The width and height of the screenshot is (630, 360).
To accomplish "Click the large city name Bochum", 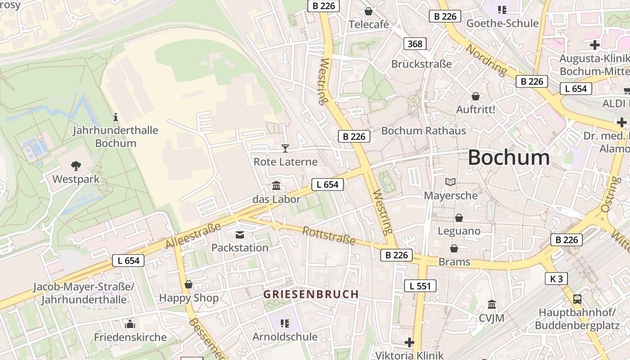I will [x=508, y=158].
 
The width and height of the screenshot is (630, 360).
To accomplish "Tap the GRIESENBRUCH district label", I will [x=311, y=294].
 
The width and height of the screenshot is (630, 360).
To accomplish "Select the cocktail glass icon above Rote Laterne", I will [x=285, y=148].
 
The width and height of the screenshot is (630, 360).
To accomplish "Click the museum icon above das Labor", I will [x=276, y=185].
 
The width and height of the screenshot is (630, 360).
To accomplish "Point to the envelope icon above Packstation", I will [x=239, y=234].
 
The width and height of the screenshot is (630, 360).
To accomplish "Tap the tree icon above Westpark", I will [x=76, y=166].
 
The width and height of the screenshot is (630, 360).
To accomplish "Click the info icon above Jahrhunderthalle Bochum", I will [x=116, y=117].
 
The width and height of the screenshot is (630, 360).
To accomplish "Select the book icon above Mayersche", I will [x=450, y=182].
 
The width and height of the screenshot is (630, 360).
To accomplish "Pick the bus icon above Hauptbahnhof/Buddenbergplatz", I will [x=577, y=299].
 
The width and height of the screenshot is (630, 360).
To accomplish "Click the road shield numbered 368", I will [x=415, y=44].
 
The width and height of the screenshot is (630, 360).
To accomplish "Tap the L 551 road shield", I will [x=420, y=286].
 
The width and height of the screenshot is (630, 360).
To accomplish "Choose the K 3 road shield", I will [x=557, y=279].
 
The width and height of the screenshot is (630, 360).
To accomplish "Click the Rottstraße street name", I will [x=329, y=236].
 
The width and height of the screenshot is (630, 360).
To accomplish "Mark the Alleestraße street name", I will [x=193, y=235].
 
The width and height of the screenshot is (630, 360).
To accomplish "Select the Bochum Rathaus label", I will [x=423, y=131].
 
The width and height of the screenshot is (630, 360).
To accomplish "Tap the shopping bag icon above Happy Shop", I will [x=189, y=284].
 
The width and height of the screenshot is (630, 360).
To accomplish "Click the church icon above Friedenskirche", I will [x=130, y=324].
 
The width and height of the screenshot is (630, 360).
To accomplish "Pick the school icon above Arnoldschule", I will [x=284, y=323].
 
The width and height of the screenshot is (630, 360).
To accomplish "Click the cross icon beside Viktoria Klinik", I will [x=409, y=342].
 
